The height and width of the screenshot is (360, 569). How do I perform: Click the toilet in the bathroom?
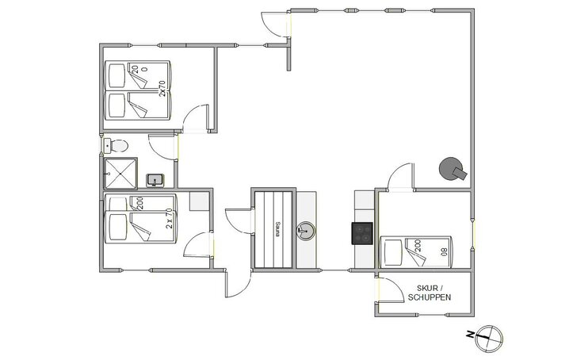[117, 145]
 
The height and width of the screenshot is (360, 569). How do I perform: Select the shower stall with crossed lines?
[120, 172]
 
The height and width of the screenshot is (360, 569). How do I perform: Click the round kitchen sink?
[306, 231]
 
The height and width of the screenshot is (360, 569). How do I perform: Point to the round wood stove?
[453, 170]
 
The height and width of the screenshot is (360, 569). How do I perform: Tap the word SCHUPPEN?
[430, 297]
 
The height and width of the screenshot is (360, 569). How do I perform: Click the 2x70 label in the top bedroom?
[162, 88]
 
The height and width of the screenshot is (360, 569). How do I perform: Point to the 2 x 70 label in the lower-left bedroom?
[169, 218]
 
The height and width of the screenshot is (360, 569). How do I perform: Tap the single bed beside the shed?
[416, 252]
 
